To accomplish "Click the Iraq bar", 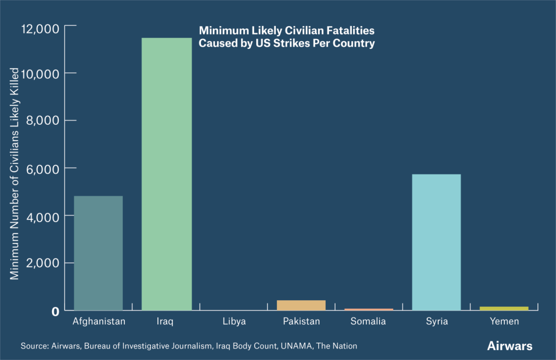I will point(166,174).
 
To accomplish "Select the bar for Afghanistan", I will point(98,253).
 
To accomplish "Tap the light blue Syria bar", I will point(437,242).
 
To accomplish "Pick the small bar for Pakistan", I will point(301,305).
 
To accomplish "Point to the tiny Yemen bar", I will point(504,308).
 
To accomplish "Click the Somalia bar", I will point(369,310).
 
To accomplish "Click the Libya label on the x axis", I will point(234,321).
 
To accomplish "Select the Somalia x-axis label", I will point(369,321).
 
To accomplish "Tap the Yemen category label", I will point(504,321).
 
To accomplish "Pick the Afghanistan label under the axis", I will point(99,321).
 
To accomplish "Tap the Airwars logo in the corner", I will point(510,346).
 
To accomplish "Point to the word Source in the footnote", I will point(34,346).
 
